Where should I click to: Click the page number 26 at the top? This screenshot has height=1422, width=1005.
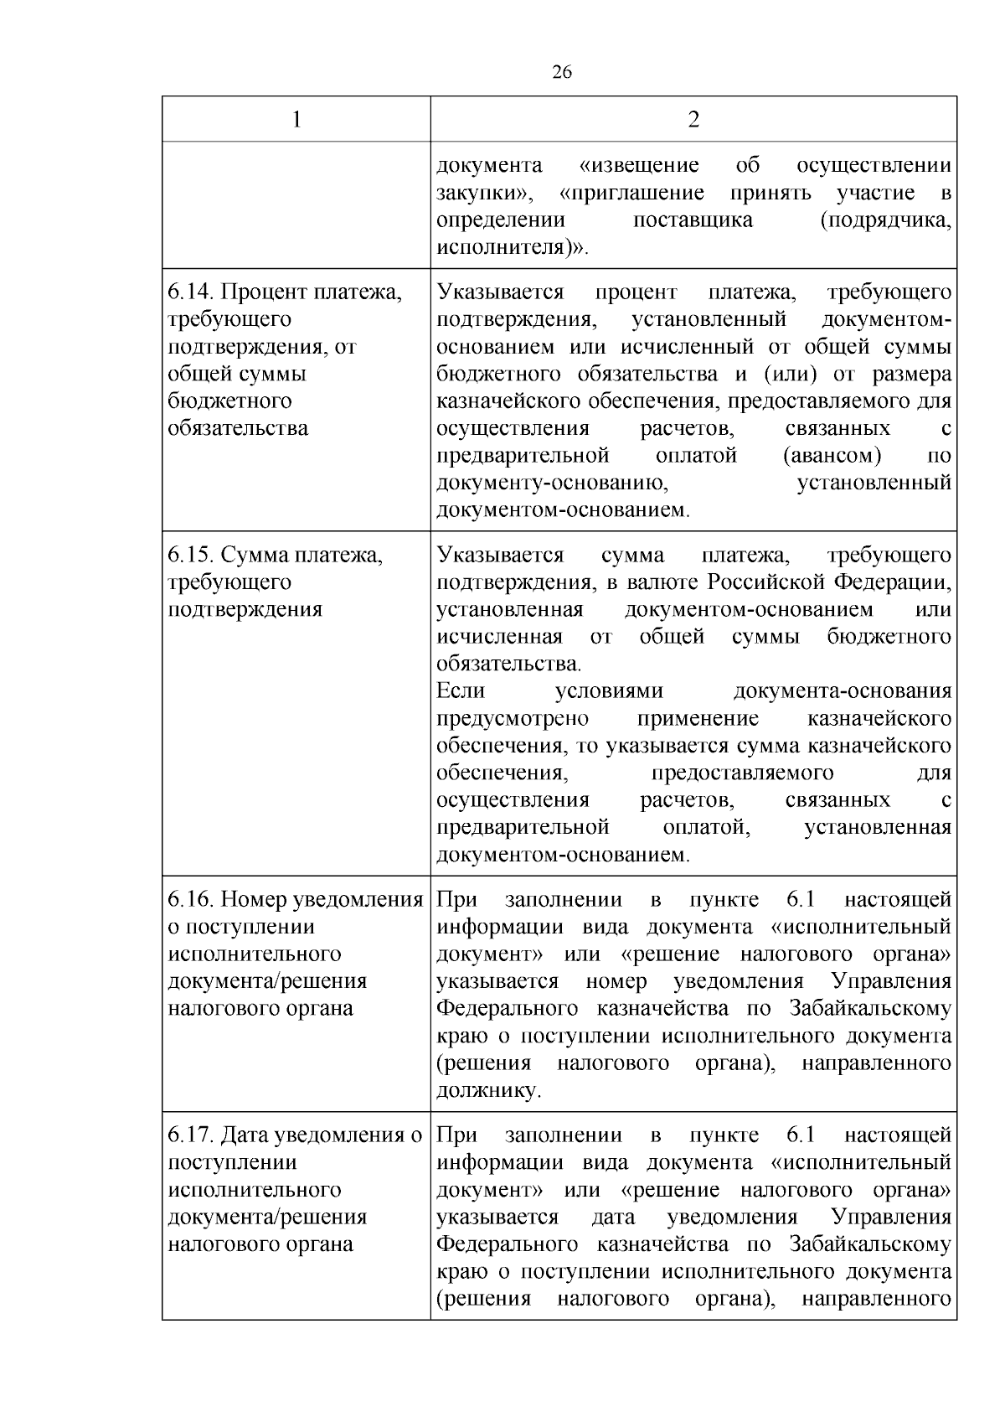click(x=562, y=73)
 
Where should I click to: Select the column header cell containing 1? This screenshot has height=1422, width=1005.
click(x=296, y=120)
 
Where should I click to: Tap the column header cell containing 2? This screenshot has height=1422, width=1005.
click(x=693, y=120)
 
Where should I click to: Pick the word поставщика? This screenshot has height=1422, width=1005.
click(x=693, y=220)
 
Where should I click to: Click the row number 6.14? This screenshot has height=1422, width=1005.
click(x=192, y=292)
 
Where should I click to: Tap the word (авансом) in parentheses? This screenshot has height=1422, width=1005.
click(x=832, y=456)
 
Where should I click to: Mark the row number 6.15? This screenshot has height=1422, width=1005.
click(x=192, y=556)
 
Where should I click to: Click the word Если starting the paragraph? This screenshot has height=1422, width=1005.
click(x=461, y=691)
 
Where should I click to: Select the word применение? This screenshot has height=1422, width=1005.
click(x=698, y=719)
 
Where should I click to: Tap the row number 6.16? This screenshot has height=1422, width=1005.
click(x=192, y=900)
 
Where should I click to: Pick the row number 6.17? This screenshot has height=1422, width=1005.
click(x=192, y=1135)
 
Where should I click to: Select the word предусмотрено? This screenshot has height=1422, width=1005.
click(x=513, y=719)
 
